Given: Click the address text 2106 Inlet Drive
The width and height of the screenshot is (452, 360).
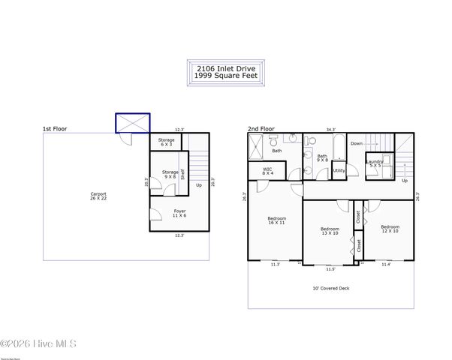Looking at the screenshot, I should click(226, 69).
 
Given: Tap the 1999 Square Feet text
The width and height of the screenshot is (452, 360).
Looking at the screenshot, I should click(226, 76).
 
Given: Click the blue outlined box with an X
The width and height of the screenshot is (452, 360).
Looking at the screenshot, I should click(132, 123).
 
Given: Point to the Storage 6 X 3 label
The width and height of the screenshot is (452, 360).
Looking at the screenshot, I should click(166, 142).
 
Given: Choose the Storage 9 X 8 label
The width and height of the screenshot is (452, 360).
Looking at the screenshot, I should click(170, 174).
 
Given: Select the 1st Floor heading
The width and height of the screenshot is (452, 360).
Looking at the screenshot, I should click(55, 129).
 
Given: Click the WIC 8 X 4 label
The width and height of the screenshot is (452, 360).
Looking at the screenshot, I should click(267, 171).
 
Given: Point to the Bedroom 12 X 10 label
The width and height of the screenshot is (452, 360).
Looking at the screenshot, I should click(390, 228).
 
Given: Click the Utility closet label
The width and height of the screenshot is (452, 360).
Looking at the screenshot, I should click(339, 170).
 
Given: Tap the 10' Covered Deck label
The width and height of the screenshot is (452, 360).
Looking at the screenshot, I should click(330, 289).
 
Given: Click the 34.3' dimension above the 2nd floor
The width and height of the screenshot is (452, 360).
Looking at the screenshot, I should click(330, 129).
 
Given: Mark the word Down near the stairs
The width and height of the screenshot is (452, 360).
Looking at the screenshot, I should click(357, 142).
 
